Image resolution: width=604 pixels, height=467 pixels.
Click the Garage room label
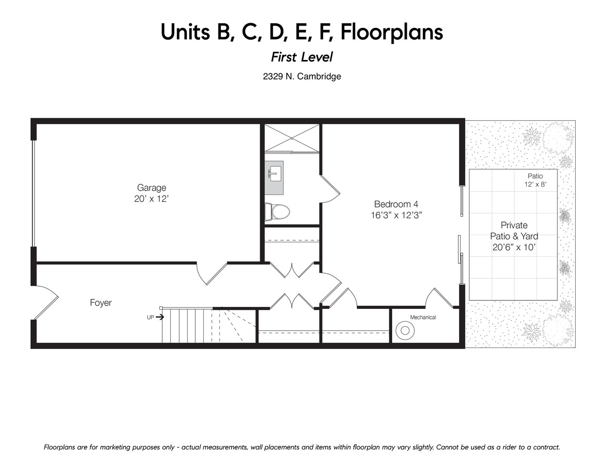coord(151,188)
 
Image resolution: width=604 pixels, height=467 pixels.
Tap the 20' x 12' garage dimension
coord(151,199)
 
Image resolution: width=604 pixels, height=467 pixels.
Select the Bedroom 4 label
coord(396,204)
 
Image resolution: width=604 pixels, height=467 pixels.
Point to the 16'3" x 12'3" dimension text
coord(396,215)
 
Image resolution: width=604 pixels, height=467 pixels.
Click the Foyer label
coord(101,303)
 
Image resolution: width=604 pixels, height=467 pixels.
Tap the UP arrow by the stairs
coord(160,317)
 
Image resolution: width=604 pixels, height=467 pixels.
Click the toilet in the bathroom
coord(277,212)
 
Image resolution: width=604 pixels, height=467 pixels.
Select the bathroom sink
coord(274,178)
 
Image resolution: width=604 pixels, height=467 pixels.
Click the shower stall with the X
coord(292,138)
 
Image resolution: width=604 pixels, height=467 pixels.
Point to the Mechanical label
coord(423,317)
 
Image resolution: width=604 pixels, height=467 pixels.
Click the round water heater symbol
coord(405,331)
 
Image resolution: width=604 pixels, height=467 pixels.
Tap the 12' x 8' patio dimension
coord(536,185)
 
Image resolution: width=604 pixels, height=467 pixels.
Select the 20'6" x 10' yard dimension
coord(514,247)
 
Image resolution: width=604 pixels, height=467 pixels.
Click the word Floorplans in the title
coord(392,33)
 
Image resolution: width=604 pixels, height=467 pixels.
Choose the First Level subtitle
coord(302,57)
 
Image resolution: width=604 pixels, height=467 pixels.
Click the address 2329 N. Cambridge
coord(302,76)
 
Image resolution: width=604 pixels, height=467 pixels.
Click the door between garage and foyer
coord(212,274)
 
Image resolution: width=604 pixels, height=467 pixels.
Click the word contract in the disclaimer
coord(547,447)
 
